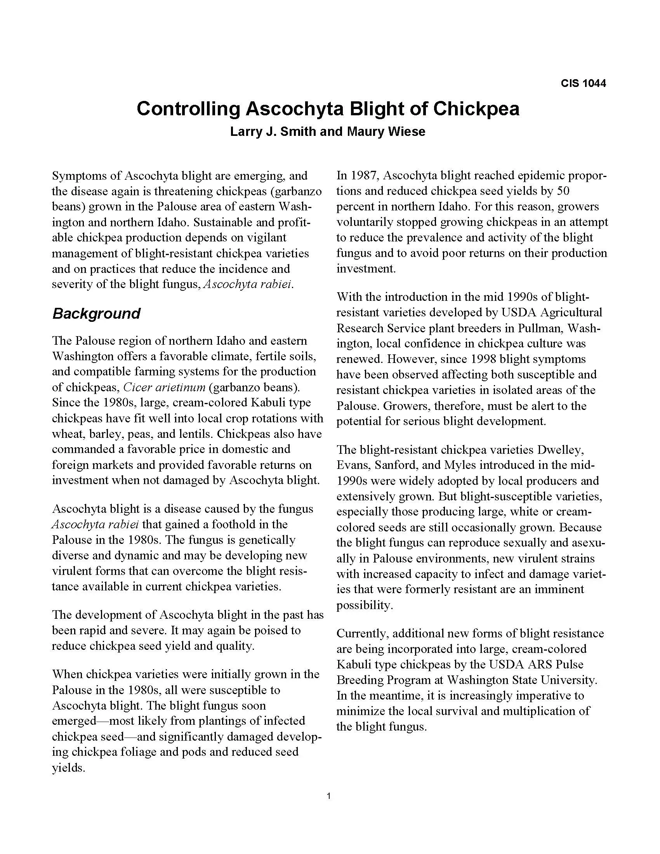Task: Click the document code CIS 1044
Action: click(x=583, y=83)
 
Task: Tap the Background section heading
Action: click(x=96, y=314)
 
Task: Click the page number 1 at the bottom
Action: click(x=328, y=796)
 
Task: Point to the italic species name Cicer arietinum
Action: click(x=164, y=387)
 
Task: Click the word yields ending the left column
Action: click(x=68, y=768)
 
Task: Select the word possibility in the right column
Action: click(x=364, y=605)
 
